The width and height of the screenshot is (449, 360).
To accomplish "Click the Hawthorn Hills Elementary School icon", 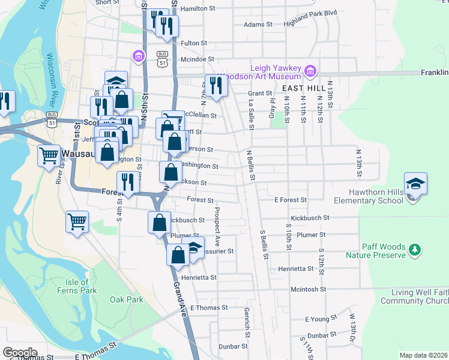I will click(x=415, y=184).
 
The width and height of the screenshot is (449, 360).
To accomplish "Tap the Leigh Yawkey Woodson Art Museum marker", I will click(x=310, y=72).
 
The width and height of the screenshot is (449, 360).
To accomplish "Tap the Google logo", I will click(x=20, y=353).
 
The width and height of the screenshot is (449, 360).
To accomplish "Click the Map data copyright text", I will click(x=423, y=355).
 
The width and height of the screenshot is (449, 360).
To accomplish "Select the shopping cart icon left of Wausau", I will click(x=49, y=155).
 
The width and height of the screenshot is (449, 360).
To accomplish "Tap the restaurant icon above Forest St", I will click(x=127, y=182).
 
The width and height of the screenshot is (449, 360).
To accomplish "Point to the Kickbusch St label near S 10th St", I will click(x=309, y=218).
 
